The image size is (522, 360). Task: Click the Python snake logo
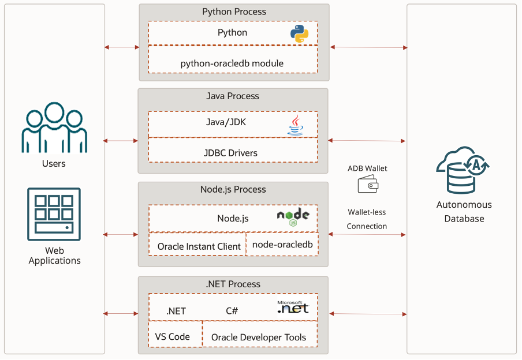pyautogui.click(x=299, y=33)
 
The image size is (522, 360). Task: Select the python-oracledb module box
pyautogui.click(x=232, y=63)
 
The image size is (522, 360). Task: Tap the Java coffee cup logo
pyautogui.click(x=295, y=125)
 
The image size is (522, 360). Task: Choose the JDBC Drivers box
pyautogui.click(x=232, y=153)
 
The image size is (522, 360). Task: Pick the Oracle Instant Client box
pyautogui.click(x=199, y=246)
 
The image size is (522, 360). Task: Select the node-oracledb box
pyautogui.click(x=282, y=245)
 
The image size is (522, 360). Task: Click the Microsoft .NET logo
pyautogui.click(x=293, y=307)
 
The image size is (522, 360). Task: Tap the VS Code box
pyautogui.click(x=173, y=337)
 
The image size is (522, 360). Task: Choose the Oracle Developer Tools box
pyautogui.click(x=258, y=337)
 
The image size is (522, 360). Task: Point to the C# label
pyautogui.click(x=232, y=311)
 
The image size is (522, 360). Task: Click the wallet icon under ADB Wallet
pyautogui.click(x=367, y=185)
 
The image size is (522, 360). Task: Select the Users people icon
pyautogui.click(x=54, y=128)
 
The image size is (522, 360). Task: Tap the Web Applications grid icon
pyautogui.click(x=54, y=213)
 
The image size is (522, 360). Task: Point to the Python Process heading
pyautogui.click(x=234, y=12)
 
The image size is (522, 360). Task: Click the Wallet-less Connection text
pyautogui.click(x=367, y=219)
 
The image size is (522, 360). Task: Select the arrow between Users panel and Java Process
pyautogui.click(x=121, y=140)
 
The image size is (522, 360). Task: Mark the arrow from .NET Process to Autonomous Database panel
pyautogui.click(x=367, y=314)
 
